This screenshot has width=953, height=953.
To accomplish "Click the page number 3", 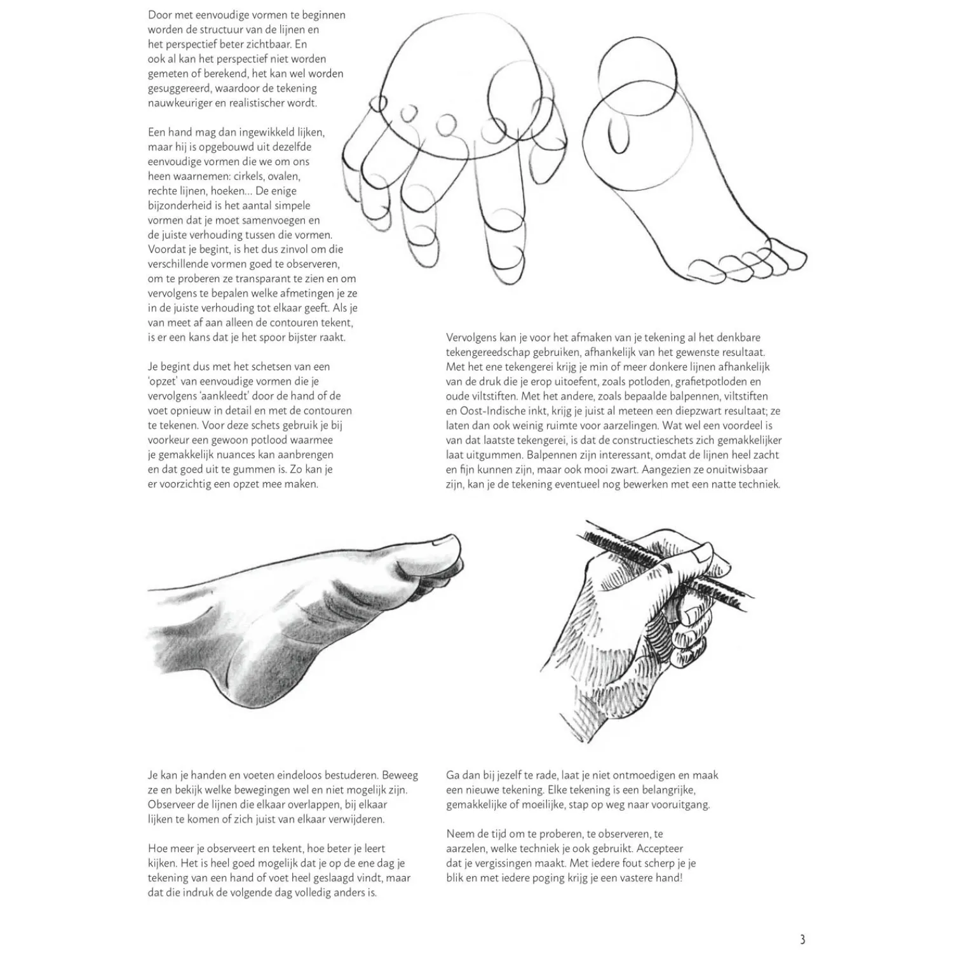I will [x=802, y=939].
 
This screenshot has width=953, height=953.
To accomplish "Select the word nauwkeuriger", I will [x=179, y=103].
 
